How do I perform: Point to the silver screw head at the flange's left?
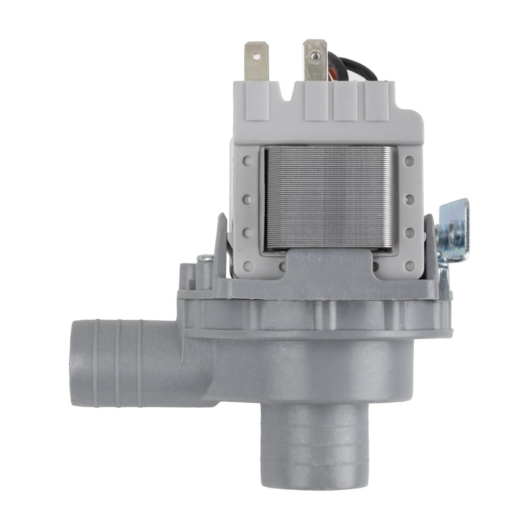[x=204, y=259]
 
